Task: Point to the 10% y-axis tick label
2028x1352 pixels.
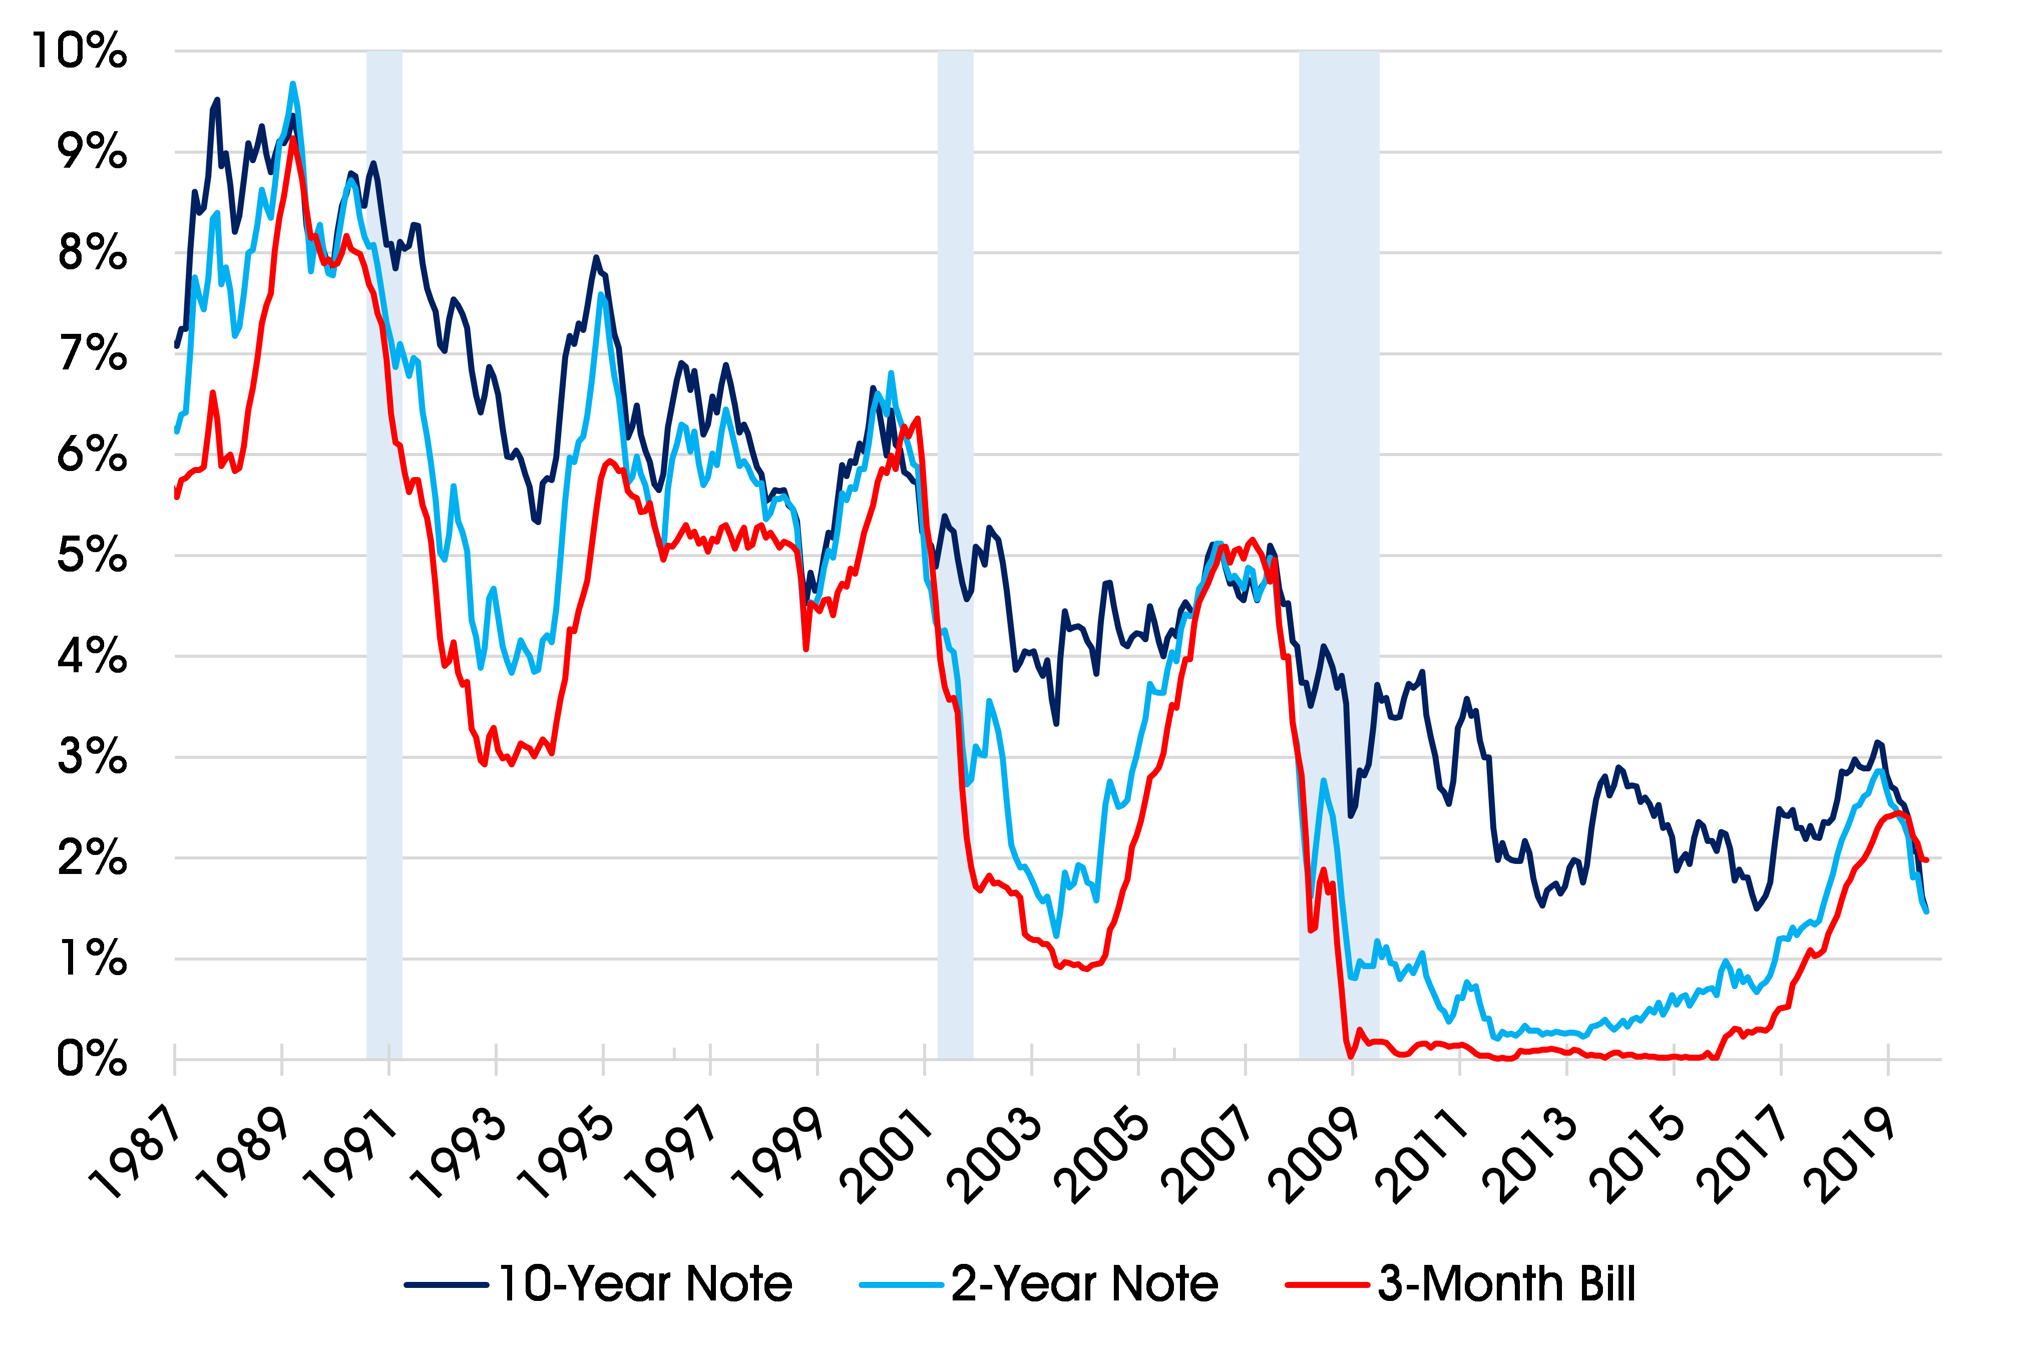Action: coord(79,51)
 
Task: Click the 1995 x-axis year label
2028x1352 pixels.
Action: coord(567,1155)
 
